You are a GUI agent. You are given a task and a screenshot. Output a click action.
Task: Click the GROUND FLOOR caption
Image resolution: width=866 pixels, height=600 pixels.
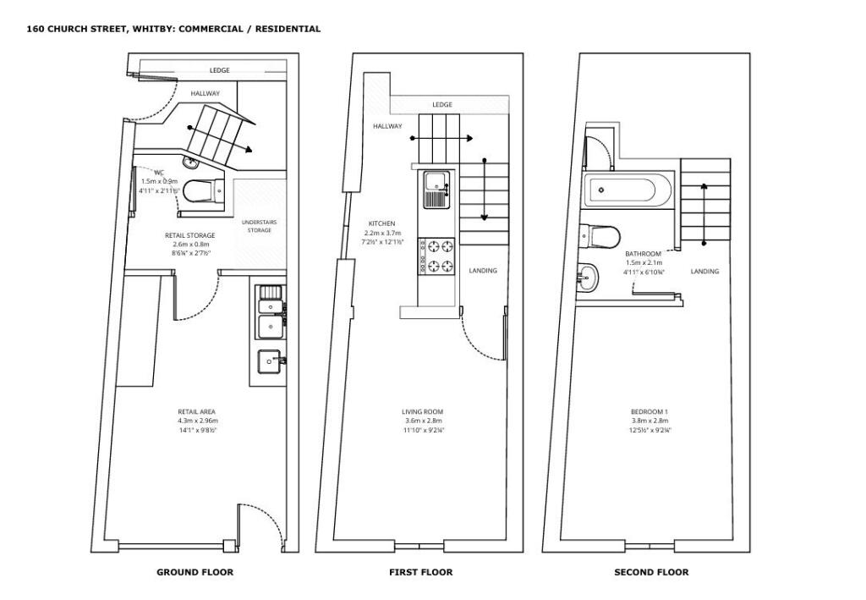[x=195, y=572]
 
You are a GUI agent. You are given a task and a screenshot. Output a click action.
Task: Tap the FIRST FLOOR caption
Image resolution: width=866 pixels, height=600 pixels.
[x=420, y=572]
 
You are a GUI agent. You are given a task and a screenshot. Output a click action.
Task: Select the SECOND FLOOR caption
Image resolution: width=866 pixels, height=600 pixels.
[x=651, y=572]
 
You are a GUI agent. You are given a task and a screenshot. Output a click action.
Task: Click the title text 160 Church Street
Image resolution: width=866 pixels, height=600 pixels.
[x=173, y=29]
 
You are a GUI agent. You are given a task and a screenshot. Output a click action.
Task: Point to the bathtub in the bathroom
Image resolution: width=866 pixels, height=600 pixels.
[x=627, y=190]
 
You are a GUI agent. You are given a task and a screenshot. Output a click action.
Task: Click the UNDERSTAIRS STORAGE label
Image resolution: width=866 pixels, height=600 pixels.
[x=259, y=226]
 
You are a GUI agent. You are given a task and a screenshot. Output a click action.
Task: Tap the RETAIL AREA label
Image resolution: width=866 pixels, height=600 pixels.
[x=196, y=412]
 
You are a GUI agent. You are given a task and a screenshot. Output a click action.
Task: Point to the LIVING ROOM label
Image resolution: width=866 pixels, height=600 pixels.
[x=422, y=412]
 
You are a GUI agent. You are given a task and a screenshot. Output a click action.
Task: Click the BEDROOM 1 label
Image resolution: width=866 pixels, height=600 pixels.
[x=649, y=412]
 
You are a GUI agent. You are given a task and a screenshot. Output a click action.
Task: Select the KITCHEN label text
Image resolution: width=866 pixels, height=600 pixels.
[x=381, y=223]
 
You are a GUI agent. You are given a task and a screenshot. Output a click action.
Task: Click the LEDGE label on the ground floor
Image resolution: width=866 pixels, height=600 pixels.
[x=219, y=70]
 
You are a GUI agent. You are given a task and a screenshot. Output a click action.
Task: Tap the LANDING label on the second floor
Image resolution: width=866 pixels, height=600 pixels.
[x=704, y=272]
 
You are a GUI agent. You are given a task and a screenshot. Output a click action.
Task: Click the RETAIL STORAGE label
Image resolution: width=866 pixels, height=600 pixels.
[x=189, y=235]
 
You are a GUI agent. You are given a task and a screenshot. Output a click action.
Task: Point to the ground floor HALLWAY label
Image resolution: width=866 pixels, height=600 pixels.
[x=205, y=93]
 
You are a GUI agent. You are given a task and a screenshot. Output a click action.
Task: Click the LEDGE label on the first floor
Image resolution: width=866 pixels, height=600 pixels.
[x=442, y=105]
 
